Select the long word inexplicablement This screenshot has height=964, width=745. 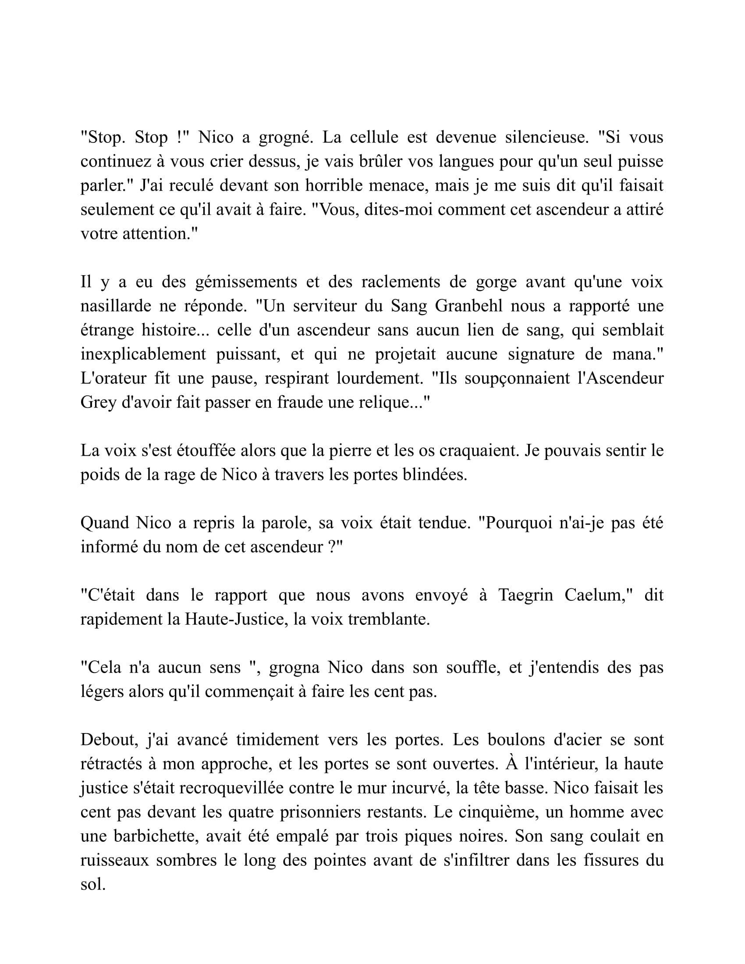(143, 354)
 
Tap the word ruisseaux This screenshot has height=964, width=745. (115, 860)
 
